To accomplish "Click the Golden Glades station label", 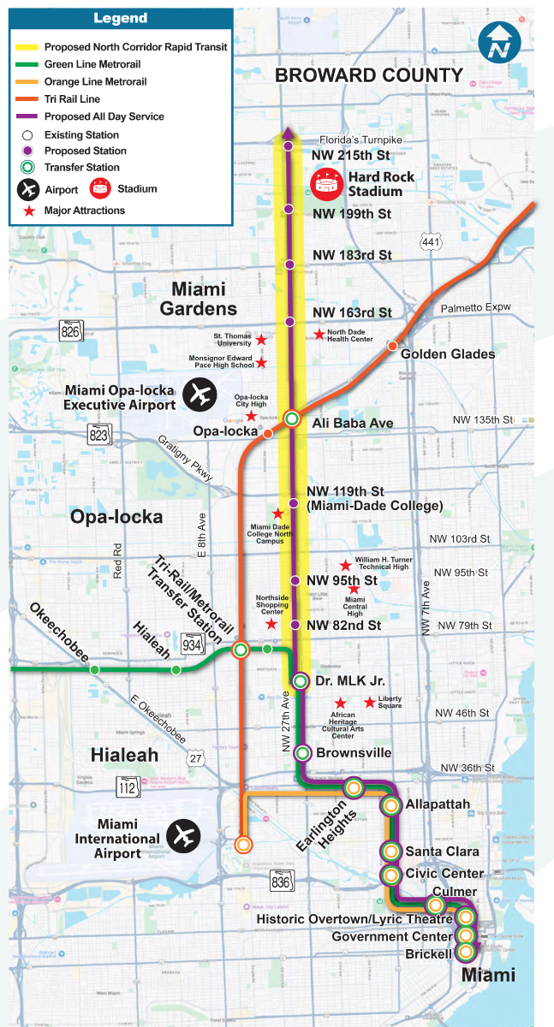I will tap(448, 354).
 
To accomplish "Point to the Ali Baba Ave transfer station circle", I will tap(292, 419).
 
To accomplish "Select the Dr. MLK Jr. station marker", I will tap(300, 681).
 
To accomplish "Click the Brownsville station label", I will tap(354, 753).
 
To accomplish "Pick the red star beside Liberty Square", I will tap(369, 703).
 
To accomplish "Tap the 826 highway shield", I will tap(69, 329).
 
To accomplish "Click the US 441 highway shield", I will tap(431, 241).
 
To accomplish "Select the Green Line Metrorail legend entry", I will tap(92, 64).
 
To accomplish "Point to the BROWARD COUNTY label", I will tap(368, 75).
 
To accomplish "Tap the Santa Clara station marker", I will tap(391, 852).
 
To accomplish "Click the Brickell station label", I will tap(429, 954).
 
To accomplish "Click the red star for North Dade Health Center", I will tap(319, 334).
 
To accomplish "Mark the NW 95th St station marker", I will tap(295, 581).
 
